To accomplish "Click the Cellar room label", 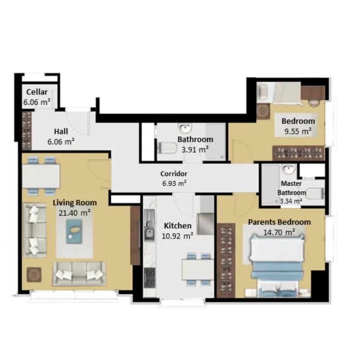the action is pyautogui.click(x=37, y=92).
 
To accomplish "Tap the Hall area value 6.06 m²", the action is pyautogui.click(x=61, y=142).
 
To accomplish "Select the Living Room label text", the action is pyautogui.click(x=75, y=203).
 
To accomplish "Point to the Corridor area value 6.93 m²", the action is pyautogui.click(x=174, y=184).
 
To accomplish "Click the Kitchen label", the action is pyautogui.click(x=178, y=226).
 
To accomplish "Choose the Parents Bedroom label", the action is pyautogui.click(x=279, y=222).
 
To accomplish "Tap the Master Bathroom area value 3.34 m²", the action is pyautogui.click(x=291, y=201).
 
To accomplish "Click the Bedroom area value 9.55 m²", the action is pyautogui.click(x=298, y=131).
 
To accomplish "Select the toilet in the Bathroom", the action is pyautogui.click(x=167, y=148).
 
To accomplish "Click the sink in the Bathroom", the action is pyautogui.click(x=185, y=128).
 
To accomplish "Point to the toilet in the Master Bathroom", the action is pyautogui.click(x=315, y=193).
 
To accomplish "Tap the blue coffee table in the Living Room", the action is pyautogui.click(x=74, y=231).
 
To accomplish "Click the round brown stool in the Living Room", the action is pyautogui.click(x=34, y=274).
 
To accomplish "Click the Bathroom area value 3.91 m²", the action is pyautogui.click(x=195, y=150).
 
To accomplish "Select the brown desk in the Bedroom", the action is pyautogui.click(x=313, y=93).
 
